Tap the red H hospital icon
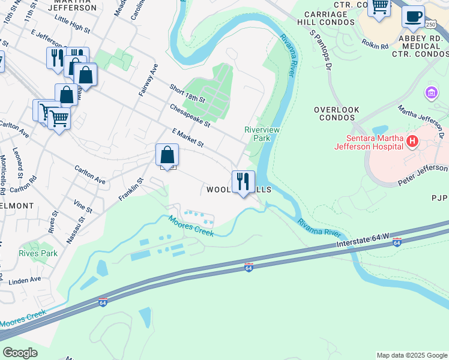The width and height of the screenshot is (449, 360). pyautogui.click(x=412, y=142)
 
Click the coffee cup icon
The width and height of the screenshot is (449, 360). pyautogui.click(x=413, y=17)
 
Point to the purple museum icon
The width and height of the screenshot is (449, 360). pyautogui.click(x=431, y=93)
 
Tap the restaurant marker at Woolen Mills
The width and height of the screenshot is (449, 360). pyautogui.click(x=243, y=181)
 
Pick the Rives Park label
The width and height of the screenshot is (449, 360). pyautogui.click(x=38, y=253)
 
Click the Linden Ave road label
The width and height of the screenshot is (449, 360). pyautogui.click(x=25, y=279)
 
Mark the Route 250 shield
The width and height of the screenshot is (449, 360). pyautogui.click(x=430, y=24)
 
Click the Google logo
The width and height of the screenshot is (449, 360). pyautogui.click(x=20, y=353)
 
